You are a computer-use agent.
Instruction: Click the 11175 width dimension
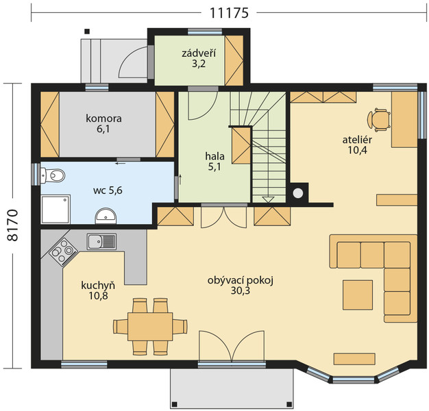(229, 12)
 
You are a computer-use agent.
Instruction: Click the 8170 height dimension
(12, 225)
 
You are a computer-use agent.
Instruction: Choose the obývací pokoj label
(241, 281)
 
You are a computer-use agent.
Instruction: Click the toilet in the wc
(52, 175)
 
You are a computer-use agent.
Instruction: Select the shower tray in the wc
(56, 209)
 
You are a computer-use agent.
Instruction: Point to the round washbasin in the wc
(106, 216)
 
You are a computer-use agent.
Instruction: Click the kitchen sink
(102, 241)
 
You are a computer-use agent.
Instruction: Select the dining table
(150, 327)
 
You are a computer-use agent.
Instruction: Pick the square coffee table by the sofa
(358, 295)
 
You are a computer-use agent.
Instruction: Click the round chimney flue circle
(298, 193)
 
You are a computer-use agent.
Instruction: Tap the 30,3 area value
(241, 291)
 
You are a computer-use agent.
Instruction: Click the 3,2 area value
(199, 64)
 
